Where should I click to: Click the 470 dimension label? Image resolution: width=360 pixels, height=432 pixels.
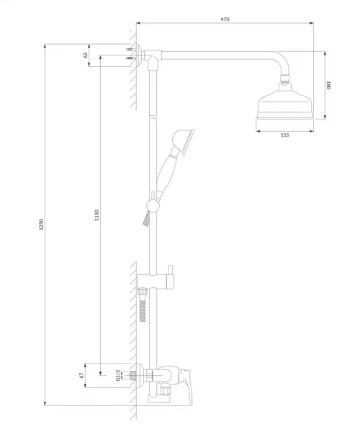coord(225,19)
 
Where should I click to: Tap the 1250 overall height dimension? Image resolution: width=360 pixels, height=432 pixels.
coord(41,225)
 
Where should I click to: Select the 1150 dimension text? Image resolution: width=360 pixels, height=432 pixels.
coord(96,215)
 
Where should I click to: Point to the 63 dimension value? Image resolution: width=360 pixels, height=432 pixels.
coord(86,55)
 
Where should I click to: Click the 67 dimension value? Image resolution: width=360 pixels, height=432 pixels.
coord(81,375)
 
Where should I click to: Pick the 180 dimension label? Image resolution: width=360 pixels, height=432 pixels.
coord(328,85)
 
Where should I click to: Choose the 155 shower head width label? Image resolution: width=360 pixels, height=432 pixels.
coord(285,135)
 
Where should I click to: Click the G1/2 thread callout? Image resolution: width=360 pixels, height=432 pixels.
coord(118,375)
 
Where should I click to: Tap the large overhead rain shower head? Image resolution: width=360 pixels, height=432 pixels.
coord(285,104)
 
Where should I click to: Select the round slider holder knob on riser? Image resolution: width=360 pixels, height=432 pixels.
coord(153,205)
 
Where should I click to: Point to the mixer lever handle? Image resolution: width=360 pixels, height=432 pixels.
coord(185,386)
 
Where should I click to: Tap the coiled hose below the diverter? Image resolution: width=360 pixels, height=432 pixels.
coord(143,311)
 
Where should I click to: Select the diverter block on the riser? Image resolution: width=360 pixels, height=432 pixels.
coord(156,282)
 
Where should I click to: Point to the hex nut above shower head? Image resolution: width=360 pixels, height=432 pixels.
coord(285,78)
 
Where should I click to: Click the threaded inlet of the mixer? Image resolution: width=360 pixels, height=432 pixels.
coord(134,375)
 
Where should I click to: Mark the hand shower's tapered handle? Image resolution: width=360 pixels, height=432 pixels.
coord(166,172)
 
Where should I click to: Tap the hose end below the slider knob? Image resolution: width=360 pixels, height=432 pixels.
coord(145,219)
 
